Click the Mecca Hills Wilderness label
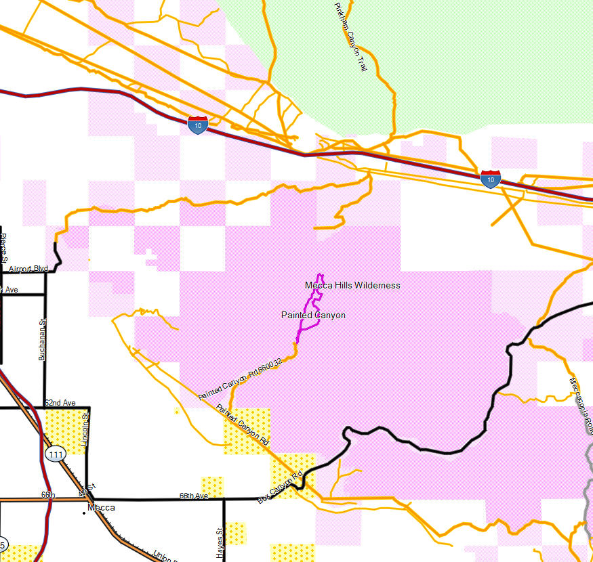point(352,285)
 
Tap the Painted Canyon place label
point(313,316)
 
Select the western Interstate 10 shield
point(197,125)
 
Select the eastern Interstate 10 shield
point(490,179)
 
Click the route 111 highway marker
point(55,454)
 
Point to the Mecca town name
point(101,508)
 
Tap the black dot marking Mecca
point(84,513)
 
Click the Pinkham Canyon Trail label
point(350,37)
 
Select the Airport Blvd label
point(28,269)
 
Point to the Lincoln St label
point(84,429)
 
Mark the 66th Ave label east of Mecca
point(193,496)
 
